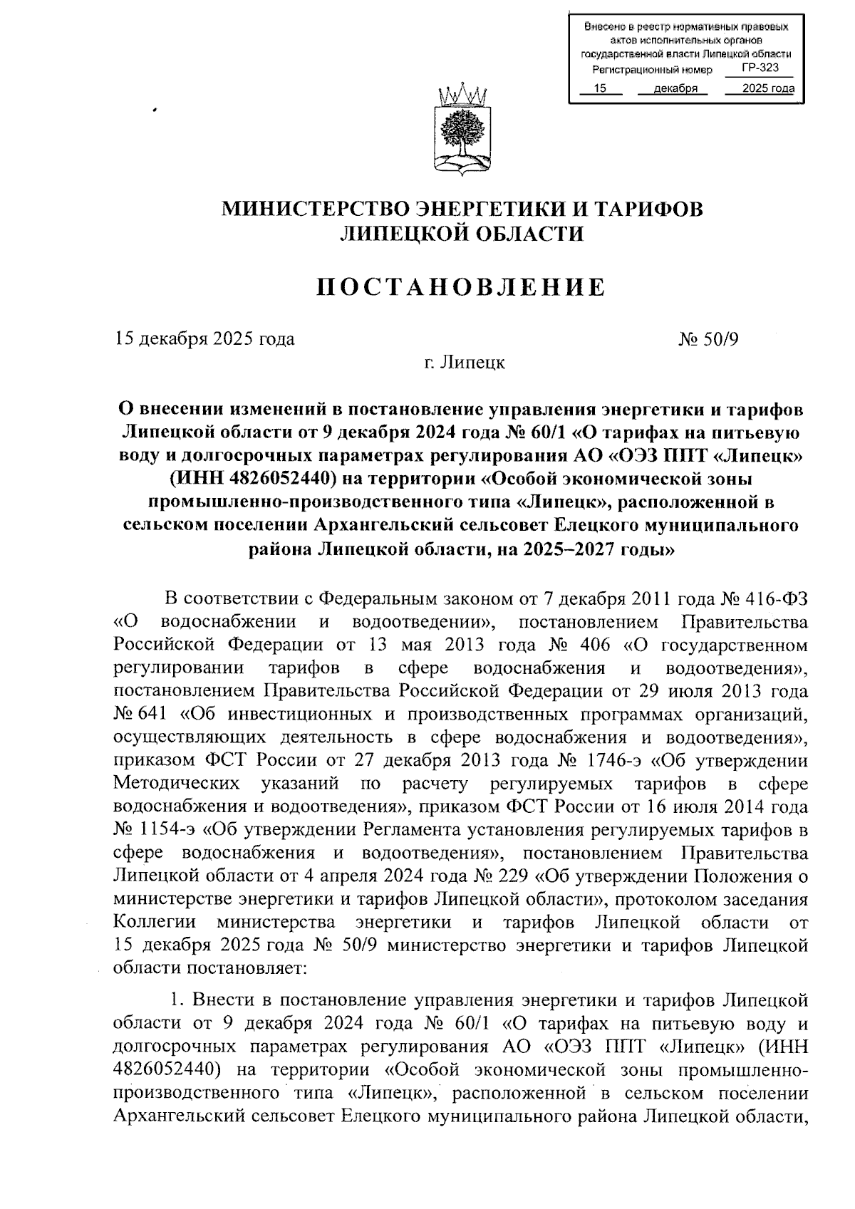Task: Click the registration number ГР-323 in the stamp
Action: (759, 68)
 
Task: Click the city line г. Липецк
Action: (462, 363)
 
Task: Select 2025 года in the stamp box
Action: (767, 88)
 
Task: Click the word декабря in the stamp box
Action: (674, 88)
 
